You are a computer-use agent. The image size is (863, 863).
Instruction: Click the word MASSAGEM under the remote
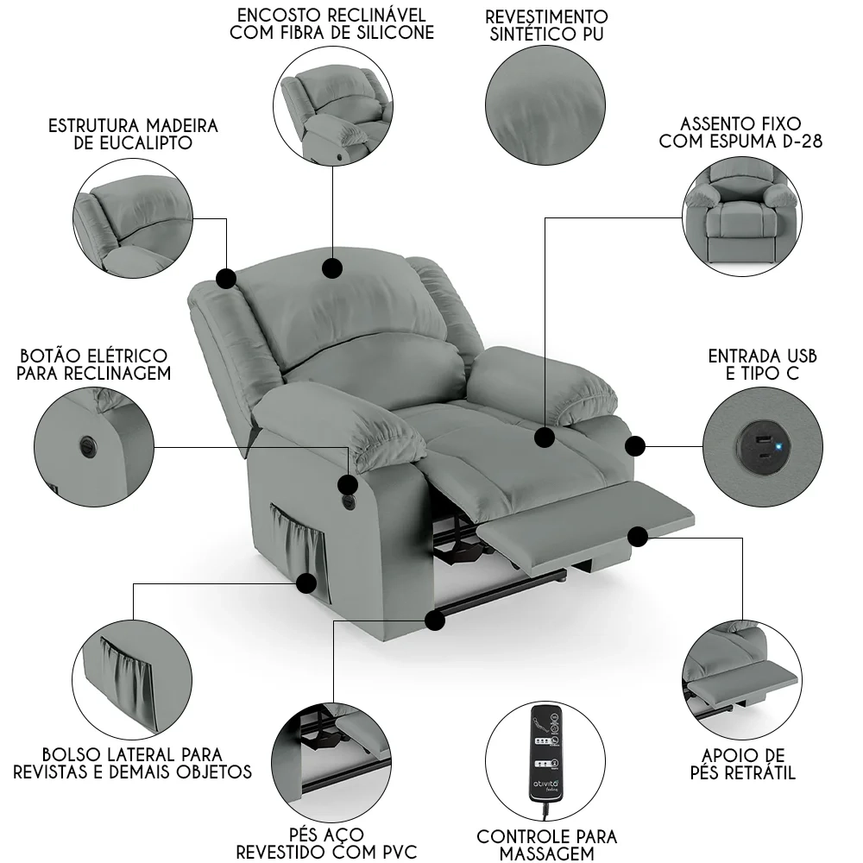pos(547,854)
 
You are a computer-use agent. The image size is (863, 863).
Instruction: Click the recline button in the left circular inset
pos(89,444)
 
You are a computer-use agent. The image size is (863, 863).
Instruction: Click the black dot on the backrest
pos(331,268)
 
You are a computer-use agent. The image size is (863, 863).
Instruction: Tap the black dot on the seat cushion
pos(544,438)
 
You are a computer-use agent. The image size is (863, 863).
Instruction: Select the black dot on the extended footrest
pos(638,537)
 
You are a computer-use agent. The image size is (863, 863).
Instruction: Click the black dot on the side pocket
pos(306,583)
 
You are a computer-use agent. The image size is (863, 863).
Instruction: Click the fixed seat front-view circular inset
pos(740,217)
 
